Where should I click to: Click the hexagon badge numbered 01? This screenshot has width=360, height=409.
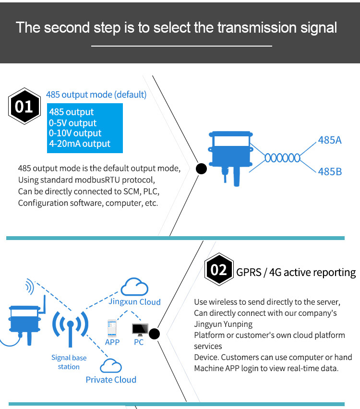24,106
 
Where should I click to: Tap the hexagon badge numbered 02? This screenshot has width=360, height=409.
219,270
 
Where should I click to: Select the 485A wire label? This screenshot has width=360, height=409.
330,141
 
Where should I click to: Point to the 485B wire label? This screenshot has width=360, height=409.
330,171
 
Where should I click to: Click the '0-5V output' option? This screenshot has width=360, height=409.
72,123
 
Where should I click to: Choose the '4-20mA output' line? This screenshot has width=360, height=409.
79,144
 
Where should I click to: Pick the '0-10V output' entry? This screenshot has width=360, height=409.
75,133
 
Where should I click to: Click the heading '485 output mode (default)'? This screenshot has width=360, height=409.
96,95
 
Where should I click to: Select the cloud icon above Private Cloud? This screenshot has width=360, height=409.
110,366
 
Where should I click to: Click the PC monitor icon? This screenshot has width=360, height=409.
140,330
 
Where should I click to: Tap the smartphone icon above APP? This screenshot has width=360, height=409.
112,328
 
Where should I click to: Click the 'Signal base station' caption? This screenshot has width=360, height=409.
69,362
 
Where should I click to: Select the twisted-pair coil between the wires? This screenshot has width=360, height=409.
283,157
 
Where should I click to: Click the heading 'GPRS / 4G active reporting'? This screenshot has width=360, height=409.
296,273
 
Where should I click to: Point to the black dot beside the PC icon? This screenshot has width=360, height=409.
155,334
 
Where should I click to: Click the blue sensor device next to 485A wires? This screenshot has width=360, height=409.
229,152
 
